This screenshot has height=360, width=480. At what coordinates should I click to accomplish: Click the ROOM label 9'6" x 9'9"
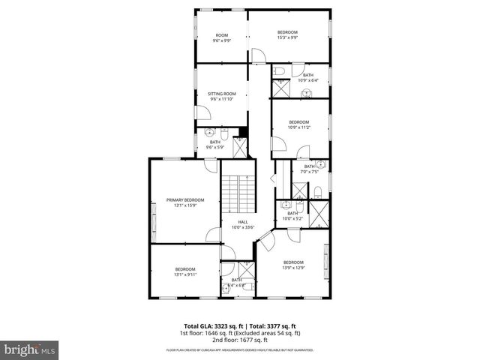tap(222, 37)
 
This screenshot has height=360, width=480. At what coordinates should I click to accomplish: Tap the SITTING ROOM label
tap(222, 96)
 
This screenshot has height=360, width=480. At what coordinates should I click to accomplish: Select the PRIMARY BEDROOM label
tap(185, 202)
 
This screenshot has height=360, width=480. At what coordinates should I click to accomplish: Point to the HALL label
tap(243, 224)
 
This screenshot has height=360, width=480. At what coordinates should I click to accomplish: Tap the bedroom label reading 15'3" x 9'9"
tap(287, 34)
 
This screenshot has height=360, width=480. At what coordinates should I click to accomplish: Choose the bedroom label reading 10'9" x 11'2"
tap(298, 124)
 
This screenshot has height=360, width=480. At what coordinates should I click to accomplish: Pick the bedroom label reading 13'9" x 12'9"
tap(292, 264)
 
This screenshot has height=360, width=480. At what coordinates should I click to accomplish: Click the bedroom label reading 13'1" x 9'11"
tap(185, 271)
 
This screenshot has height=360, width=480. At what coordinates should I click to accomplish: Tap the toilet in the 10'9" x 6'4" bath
tap(279, 71)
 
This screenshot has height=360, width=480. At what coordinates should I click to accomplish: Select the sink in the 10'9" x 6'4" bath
tap(306, 93)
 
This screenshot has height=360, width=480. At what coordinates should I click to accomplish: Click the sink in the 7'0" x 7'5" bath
tap(319, 163)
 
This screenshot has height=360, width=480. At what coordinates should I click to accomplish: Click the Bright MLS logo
tap(29, 349)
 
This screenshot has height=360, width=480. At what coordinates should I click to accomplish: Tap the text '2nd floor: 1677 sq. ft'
tap(240, 338)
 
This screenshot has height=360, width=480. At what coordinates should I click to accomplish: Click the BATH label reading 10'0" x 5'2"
tap(292, 216)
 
